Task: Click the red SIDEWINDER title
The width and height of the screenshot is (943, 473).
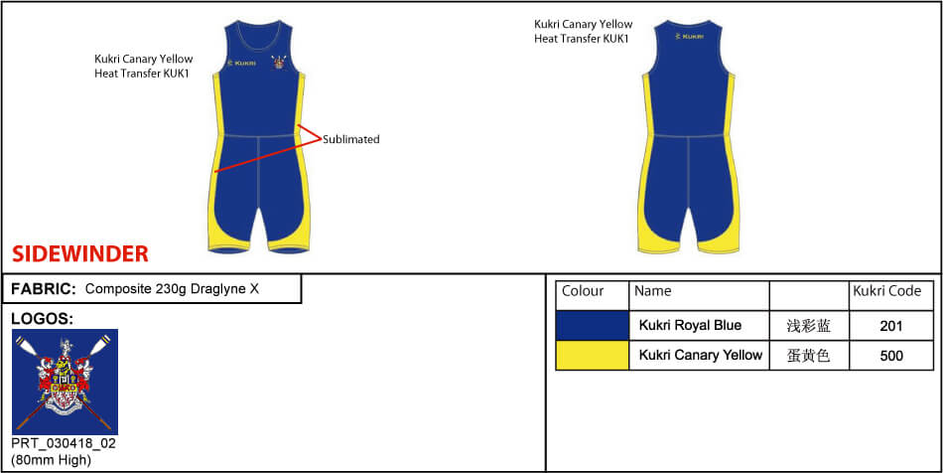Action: pyautogui.click(x=80, y=254)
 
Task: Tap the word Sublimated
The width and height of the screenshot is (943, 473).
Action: pyautogui.click(x=351, y=139)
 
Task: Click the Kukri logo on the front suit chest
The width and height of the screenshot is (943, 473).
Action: pyautogui.click(x=242, y=63)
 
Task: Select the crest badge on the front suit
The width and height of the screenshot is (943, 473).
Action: pyautogui.click(x=279, y=62)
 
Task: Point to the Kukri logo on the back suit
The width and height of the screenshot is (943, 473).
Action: pyautogui.click(x=690, y=37)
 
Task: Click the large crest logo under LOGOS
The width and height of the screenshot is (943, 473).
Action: pyautogui.click(x=65, y=382)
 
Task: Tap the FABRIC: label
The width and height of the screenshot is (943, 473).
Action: pyautogui.click(x=44, y=289)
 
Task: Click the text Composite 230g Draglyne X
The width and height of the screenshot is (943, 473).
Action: pyautogui.click(x=172, y=289)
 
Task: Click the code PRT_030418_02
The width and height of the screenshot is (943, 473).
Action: pyautogui.click(x=64, y=444)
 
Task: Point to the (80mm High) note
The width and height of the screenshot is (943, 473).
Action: pyautogui.click(x=51, y=460)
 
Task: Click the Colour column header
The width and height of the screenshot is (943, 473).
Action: pyautogui.click(x=583, y=291)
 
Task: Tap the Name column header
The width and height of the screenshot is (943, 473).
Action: pyautogui.click(x=652, y=291)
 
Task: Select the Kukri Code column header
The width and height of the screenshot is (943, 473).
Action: pyautogui.click(x=887, y=291)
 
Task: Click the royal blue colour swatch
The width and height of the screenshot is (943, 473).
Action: pyautogui.click(x=593, y=326)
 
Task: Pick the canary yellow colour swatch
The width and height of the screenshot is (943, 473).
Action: pyautogui.click(x=593, y=355)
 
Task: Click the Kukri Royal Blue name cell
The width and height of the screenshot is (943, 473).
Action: pyautogui.click(x=691, y=326)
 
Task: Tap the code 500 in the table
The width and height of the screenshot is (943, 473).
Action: pyautogui.click(x=891, y=356)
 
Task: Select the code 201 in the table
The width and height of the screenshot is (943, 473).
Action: pyautogui.click(x=891, y=326)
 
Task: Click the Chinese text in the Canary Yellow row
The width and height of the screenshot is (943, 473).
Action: pyautogui.click(x=809, y=356)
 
